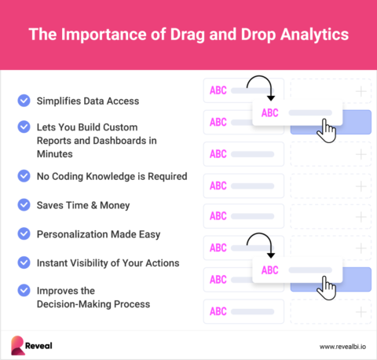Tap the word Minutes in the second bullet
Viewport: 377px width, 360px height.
tap(58, 154)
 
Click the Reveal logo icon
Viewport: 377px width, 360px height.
tap(17, 344)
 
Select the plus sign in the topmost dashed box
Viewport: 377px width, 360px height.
tap(361, 91)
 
